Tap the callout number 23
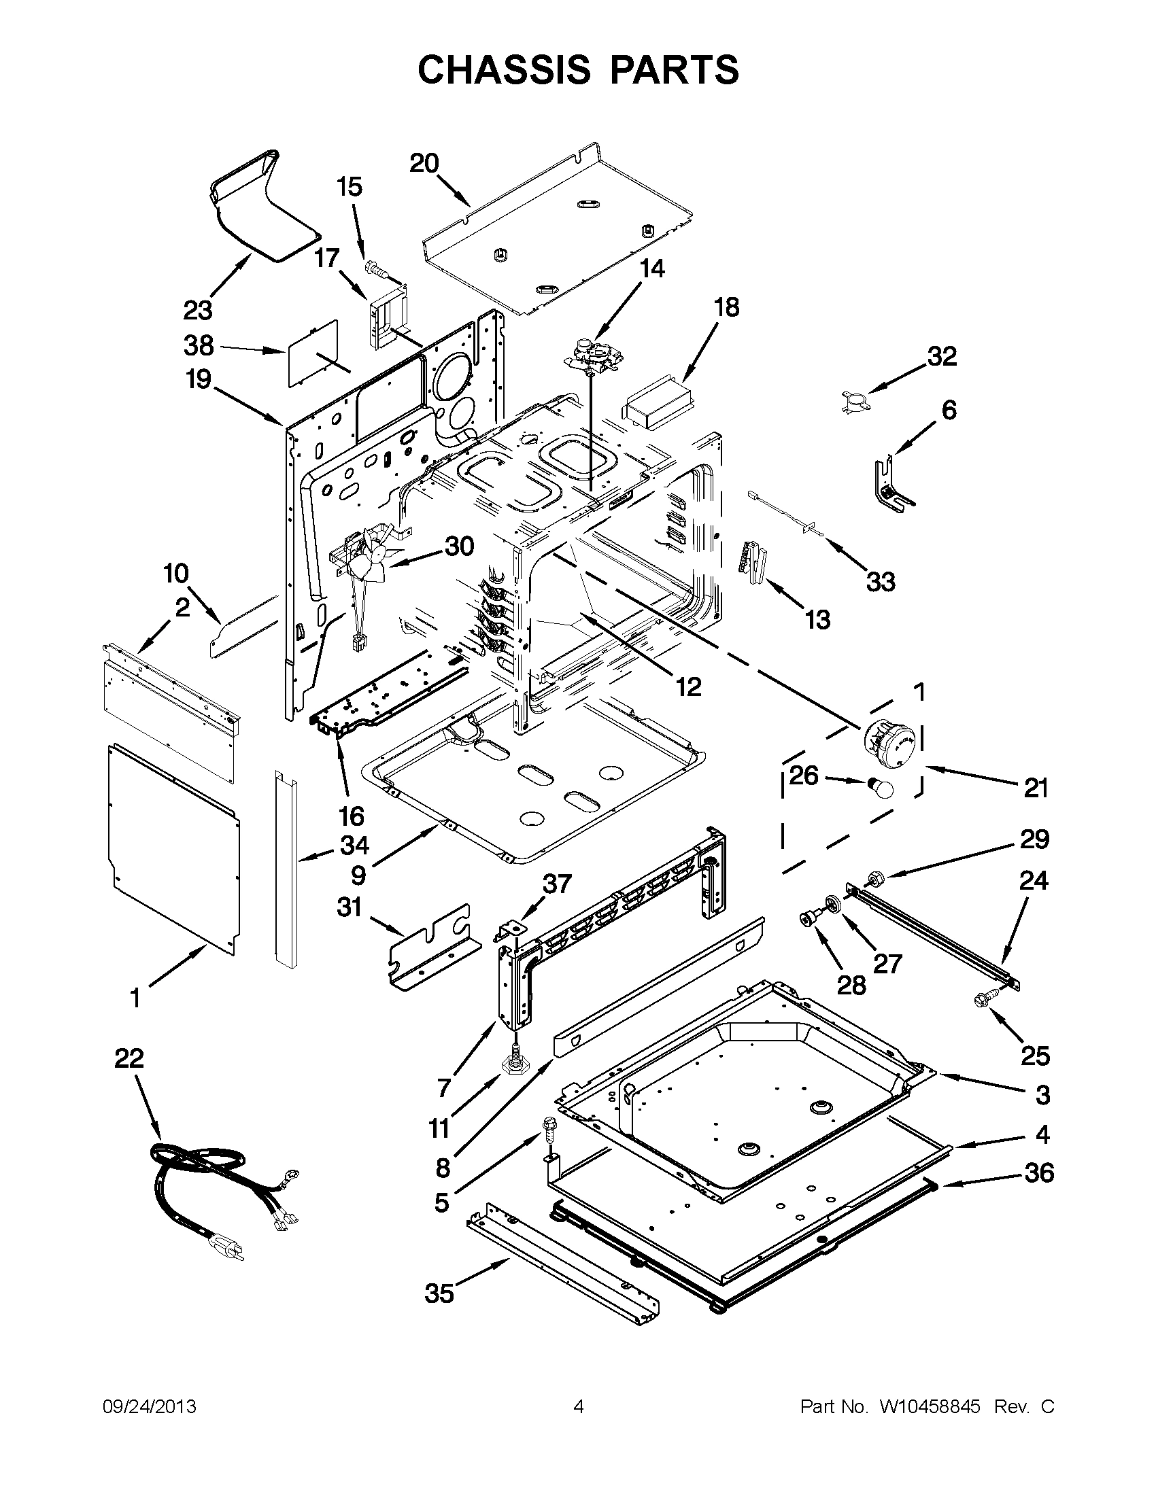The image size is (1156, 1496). click(198, 311)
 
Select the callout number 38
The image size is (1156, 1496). click(199, 346)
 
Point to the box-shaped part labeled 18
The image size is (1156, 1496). click(656, 402)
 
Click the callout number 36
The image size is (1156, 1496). click(1039, 1173)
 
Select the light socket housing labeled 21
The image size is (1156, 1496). click(889, 744)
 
